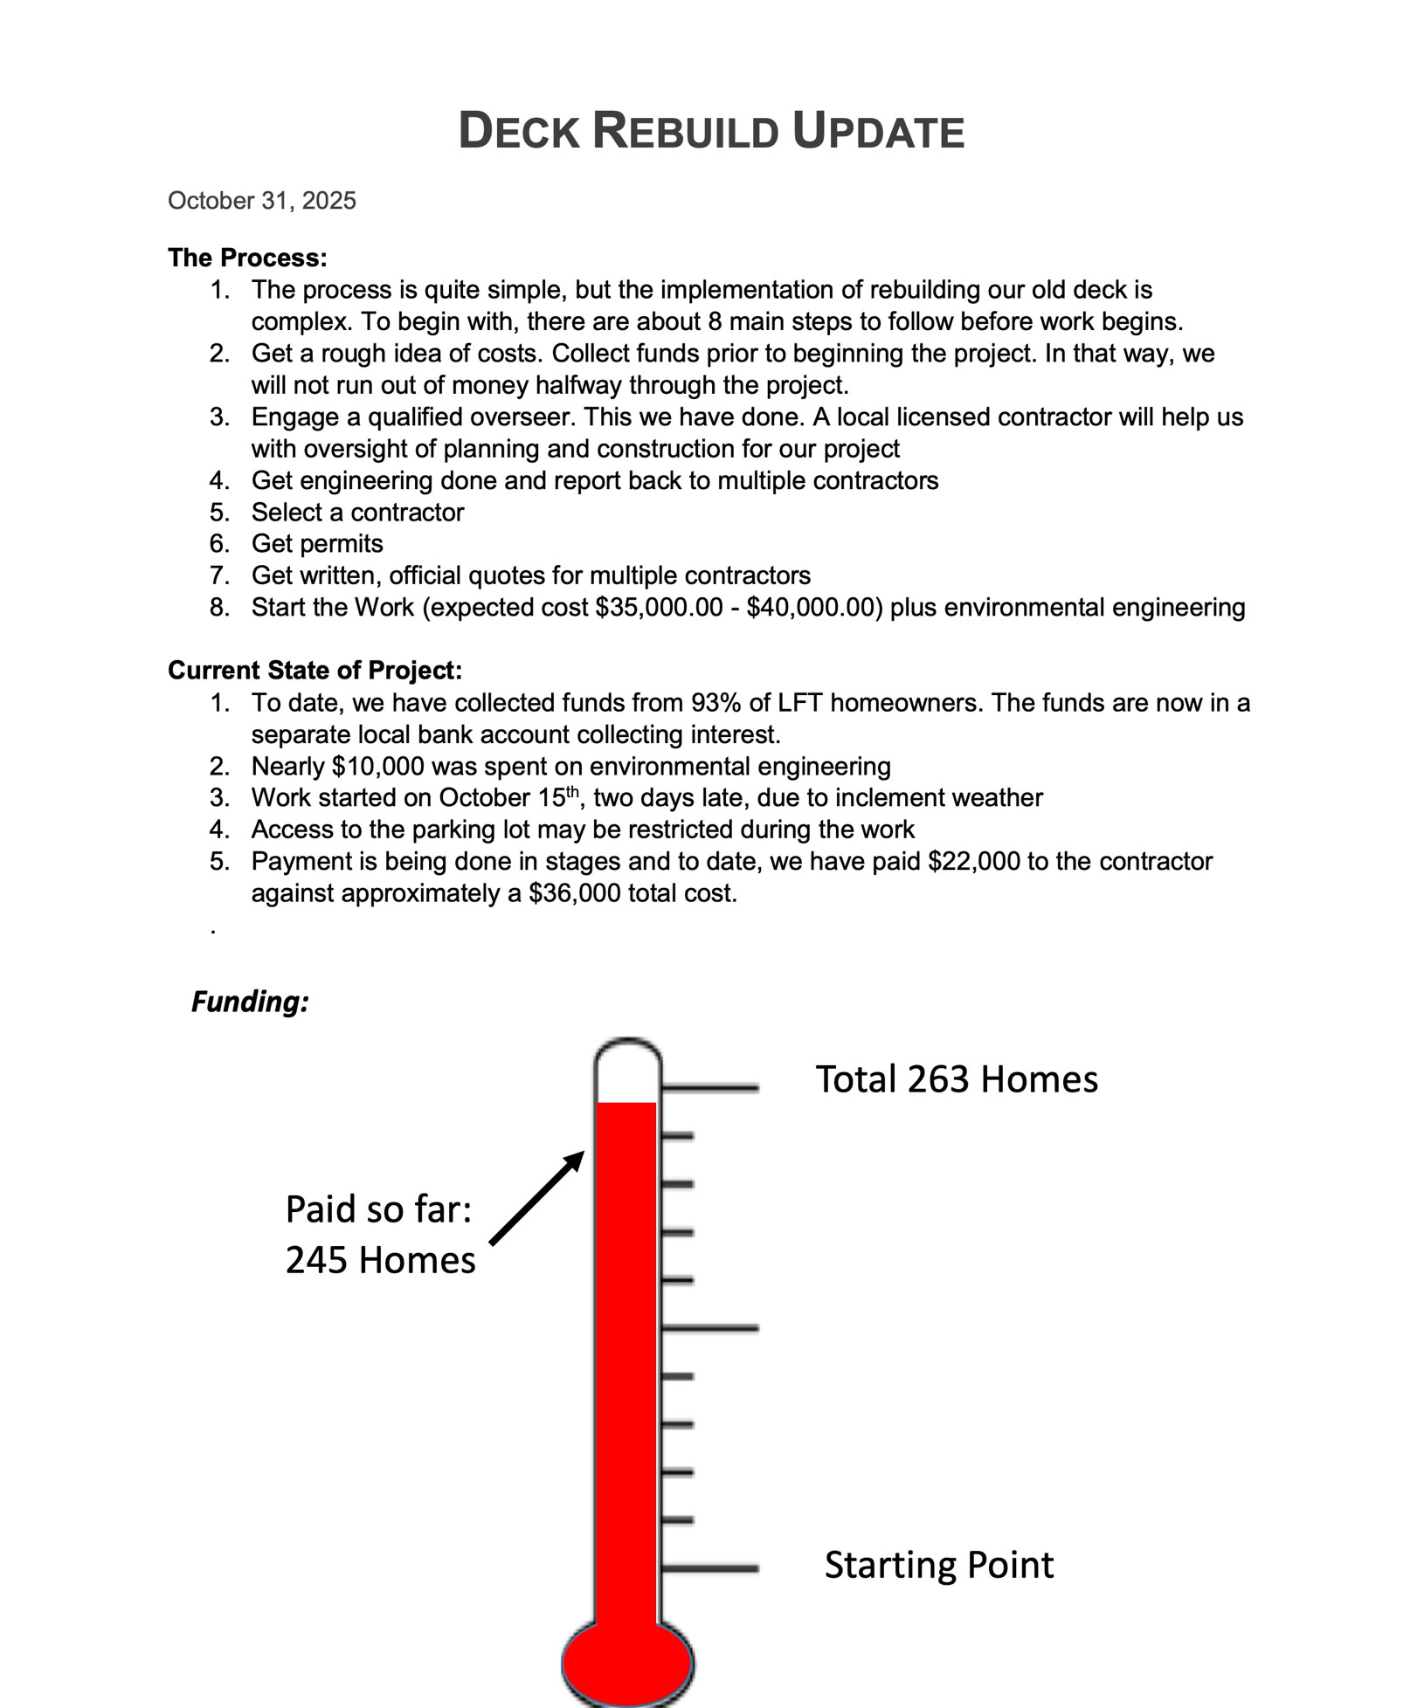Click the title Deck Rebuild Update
(711, 132)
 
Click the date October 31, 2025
(262, 201)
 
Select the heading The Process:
(247, 258)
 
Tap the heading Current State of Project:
(315, 670)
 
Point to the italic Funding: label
(250, 1002)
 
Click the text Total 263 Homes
(957, 1079)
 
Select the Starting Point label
(939, 1565)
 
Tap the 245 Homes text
(380, 1260)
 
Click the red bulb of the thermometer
(627, 1663)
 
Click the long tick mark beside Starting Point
(709, 1568)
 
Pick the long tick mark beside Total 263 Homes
(709, 1088)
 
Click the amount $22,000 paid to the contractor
(973, 862)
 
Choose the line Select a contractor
(357, 513)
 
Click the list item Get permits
(317, 544)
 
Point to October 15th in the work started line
(509, 798)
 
